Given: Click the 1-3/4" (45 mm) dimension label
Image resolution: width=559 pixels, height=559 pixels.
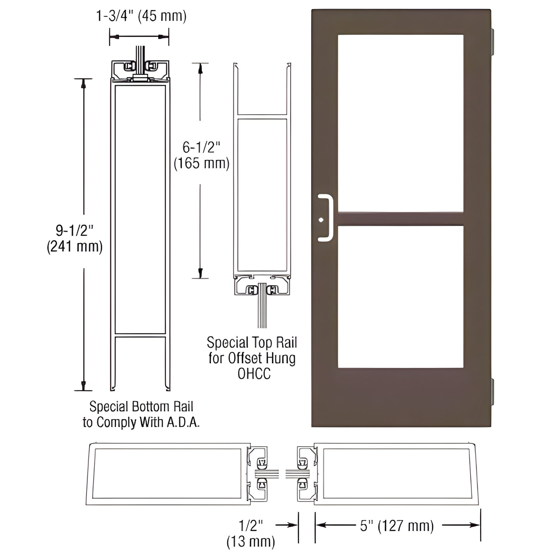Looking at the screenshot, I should pyautogui.click(x=141, y=16).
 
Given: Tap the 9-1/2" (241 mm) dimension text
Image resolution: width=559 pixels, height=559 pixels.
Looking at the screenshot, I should pyautogui.click(x=75, y=238).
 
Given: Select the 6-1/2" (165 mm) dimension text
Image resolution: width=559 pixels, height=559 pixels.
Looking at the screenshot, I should pyautogui.click(x=201, y=155).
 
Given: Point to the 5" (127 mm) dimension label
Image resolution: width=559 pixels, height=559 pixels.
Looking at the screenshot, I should pyautogui.click(x=397, y=526).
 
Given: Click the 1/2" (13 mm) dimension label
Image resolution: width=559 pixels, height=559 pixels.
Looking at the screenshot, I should pyautogui.click(x=251, y=533).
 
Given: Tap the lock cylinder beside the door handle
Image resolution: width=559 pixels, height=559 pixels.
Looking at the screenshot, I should pyautogui.click(x=321, y=220).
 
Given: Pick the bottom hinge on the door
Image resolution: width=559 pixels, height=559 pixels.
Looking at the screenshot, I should pyautogui.click(x=492, y=392).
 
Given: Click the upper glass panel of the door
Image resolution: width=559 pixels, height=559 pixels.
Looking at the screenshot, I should pyautogui.click(x=400, y=123).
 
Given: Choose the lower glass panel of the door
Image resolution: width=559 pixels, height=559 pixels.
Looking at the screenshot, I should pyautogui.click(x=400, y=296).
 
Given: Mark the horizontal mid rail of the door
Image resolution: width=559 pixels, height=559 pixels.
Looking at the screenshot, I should pyautogui.click(x=400, y=219).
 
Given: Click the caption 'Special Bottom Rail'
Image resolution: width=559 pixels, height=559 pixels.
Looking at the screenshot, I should pyautogui.click(x=141, y=407).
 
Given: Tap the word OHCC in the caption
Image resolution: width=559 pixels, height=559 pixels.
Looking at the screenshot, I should pyautogui.click(x=254, y=374).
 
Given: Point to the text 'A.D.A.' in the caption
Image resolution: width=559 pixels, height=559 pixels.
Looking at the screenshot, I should pyautogui.click(x=183, y=422).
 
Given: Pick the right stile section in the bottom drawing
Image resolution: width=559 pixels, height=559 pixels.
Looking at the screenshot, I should pyautogui.click(x=396, y=474).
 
